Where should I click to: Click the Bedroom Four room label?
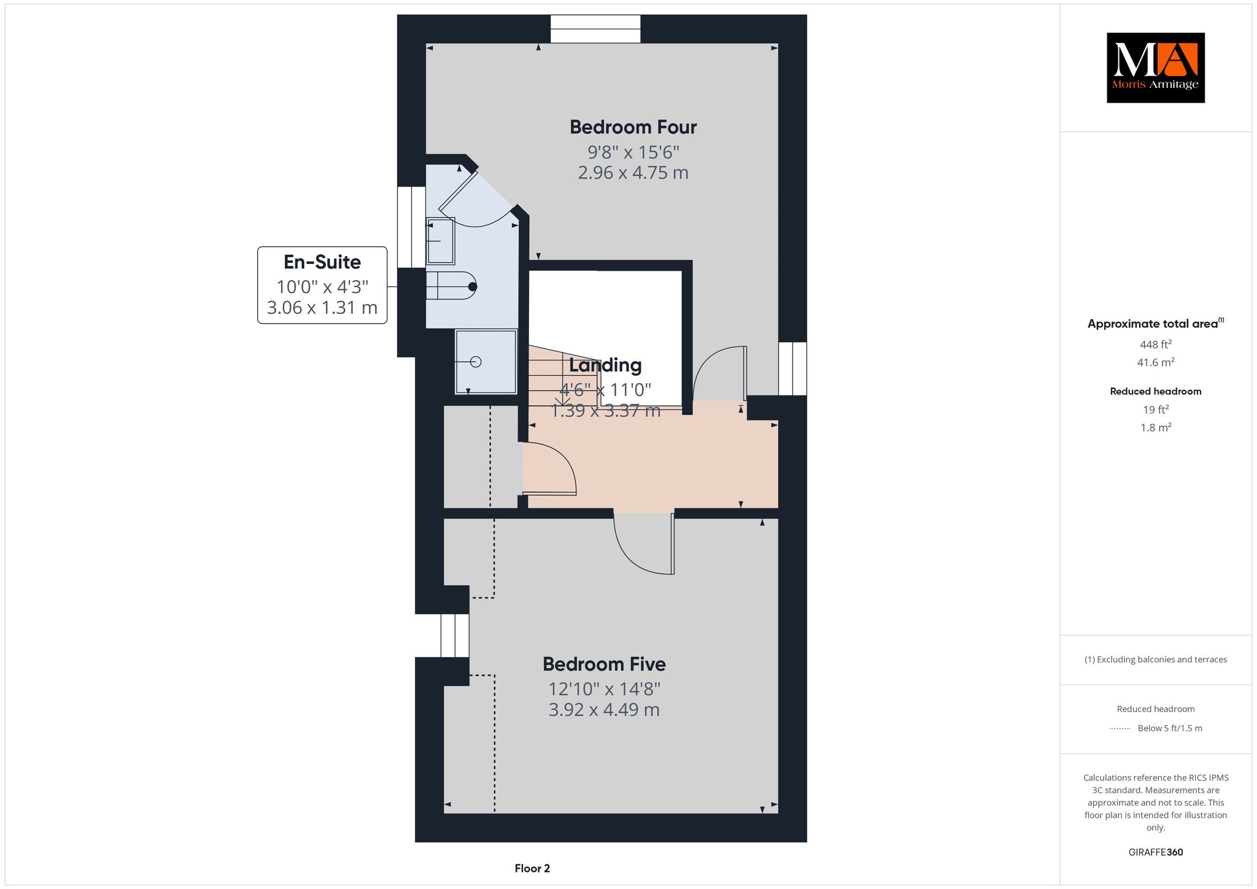click(x=633, y=127)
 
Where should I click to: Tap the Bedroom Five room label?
click(x=604, y=664)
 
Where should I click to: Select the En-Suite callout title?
click(x=322, y=262)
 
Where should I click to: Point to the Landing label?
click(x=605, y=365)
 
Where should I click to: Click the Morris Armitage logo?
click(x=1156, y=68)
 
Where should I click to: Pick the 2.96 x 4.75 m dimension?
click(x=633, y=173)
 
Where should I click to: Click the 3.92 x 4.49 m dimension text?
click(x=604, y=710)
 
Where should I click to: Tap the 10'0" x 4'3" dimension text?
click(x=322, y=287)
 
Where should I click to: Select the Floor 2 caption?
click(x=532, y=869)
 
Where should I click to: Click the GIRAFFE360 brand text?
click(x=1156, y=852)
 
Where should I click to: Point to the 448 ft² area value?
click(x=1156, y=344)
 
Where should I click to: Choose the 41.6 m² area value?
click(x=1156, y=362)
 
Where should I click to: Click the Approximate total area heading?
click(x=1156, y=324)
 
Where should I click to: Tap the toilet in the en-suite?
click(x=451, y=286)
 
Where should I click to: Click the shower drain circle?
click(x=476, y=362)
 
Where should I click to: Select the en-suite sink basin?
click(x=441, y=241)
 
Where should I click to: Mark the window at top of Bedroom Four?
click(x=595, y=29)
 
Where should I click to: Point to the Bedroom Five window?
click(x=455, y=635)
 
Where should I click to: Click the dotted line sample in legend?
click(x=1120, y=729)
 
